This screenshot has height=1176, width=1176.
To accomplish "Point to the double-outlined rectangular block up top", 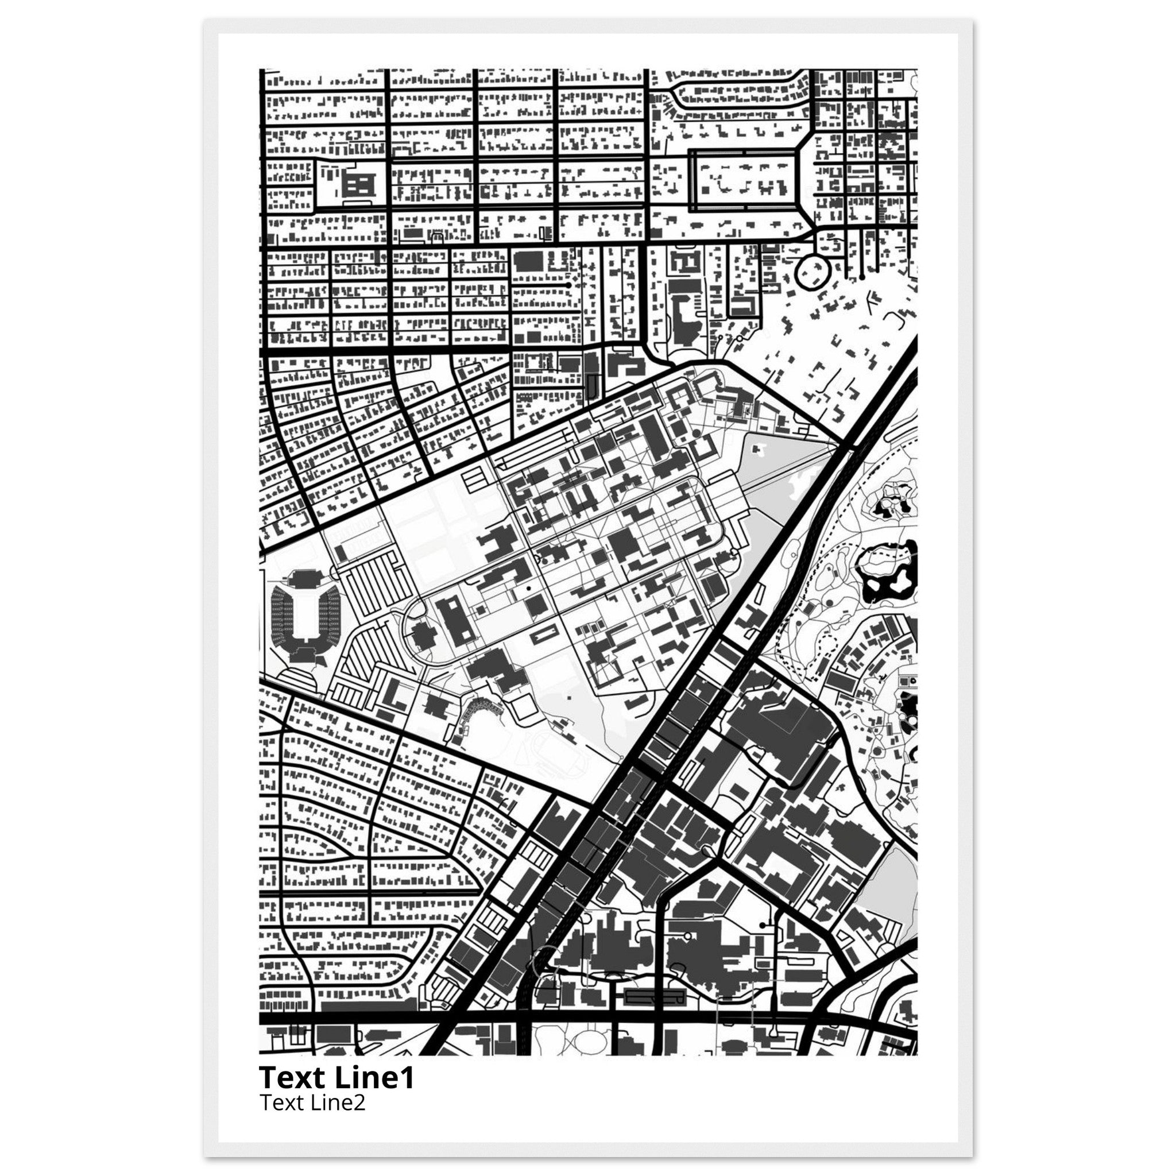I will tap(743, 180).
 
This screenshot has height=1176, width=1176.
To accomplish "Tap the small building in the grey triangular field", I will tap(758, 450).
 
